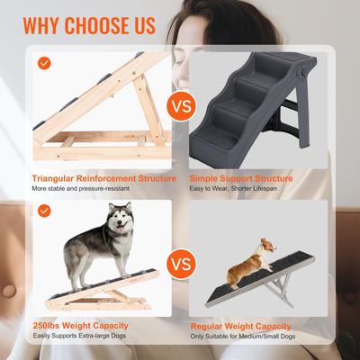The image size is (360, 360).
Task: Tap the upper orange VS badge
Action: tap(181, 107)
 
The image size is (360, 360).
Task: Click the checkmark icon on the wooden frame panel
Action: tap(44, 64)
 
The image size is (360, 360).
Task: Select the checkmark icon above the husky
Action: tap(44, 210)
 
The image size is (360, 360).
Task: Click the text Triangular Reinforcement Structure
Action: tap(103, 178)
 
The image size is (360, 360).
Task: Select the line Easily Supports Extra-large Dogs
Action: tap(81, 337)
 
